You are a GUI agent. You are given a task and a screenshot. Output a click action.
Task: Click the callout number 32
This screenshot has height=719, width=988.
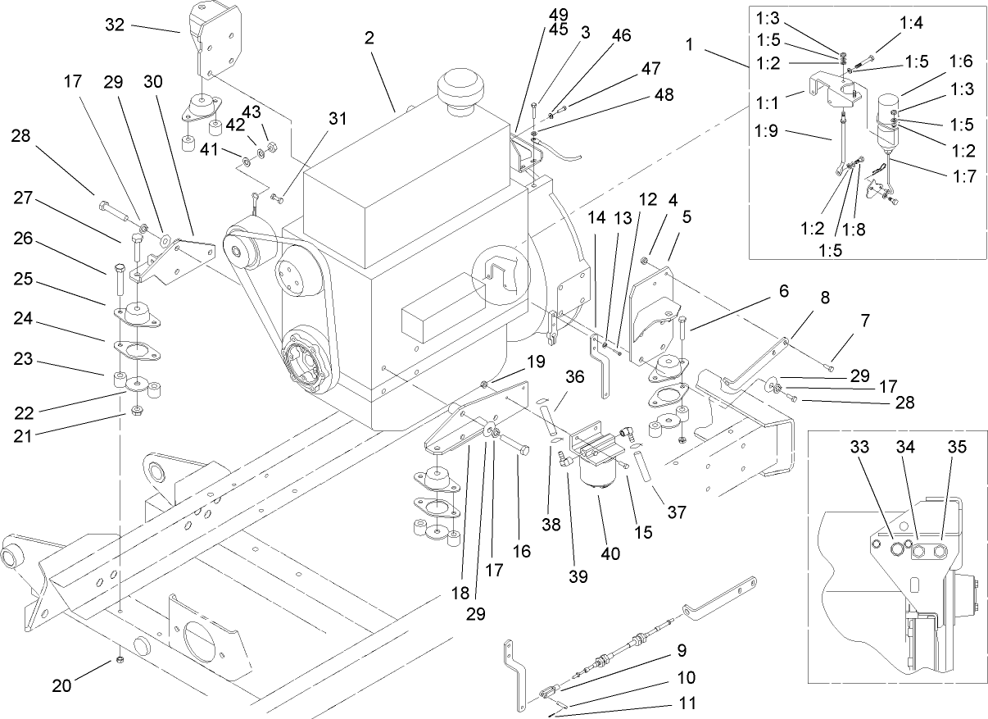click(x=115, y=25)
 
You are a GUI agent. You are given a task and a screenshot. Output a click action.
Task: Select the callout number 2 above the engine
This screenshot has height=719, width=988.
click(x=369, y=38)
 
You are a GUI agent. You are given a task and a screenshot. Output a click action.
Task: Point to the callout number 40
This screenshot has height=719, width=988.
click(x=610, y=553)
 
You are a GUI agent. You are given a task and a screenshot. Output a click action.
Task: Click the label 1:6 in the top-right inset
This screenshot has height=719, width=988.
click(x=960, y=61)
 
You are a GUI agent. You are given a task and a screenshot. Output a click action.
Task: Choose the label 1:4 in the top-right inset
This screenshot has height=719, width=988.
click(x=910, y=23)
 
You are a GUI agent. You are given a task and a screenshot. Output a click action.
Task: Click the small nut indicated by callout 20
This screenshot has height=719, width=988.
click(x=120, y=660)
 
